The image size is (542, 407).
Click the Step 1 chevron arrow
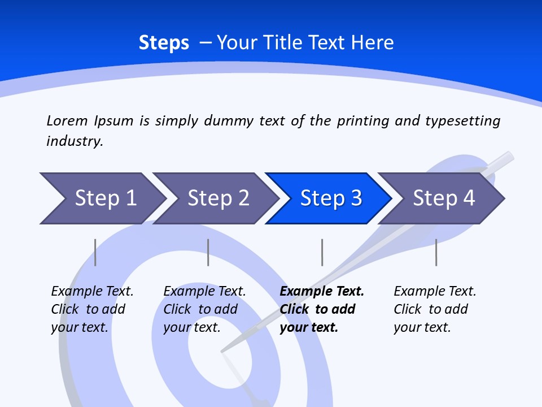tap(102, 198)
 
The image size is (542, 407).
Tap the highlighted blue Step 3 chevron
tap(329, 198)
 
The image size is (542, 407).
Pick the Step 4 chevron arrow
tap(442, 198)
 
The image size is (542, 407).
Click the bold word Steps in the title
tap(164, 43)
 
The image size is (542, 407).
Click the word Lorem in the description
tap(67, 120)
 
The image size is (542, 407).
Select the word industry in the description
tap(74, 141)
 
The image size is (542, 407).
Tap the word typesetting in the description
tap(462, 120)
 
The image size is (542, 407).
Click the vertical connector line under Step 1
tap(95, 252)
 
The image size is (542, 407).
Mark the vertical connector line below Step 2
tap(208, 252)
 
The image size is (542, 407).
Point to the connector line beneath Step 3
tap(322, 252)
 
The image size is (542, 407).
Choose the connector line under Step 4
tap(436, 252)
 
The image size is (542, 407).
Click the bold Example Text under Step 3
tap(321, 309)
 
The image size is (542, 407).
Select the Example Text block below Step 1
tap(91, 309)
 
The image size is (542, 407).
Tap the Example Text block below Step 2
tap(204, 309)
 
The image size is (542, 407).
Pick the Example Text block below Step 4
tap(434, 309)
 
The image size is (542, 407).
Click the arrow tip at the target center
tap(223, 351)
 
